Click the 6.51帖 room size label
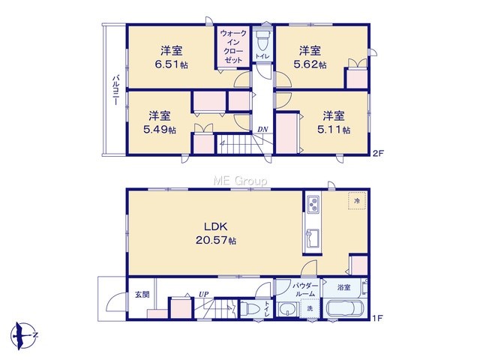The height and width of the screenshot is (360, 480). [x=172, y=65]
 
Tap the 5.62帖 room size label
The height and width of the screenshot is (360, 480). [x=310, y=65]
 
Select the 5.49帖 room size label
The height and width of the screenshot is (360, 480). [x=160, y=130]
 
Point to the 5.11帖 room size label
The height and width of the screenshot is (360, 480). [x=334, y=130]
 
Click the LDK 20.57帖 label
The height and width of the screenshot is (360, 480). [x=216, y=233]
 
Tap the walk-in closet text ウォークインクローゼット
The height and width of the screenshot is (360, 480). [x=233, y=46]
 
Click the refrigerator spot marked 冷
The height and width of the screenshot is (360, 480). [x=357, y=201]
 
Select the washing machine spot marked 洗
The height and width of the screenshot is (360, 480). [x=310, y=308]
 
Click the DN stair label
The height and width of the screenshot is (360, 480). [x=262, y=130]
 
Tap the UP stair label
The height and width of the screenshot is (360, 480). [x=203, y=295]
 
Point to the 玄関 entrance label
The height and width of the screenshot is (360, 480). [x=142, y=295]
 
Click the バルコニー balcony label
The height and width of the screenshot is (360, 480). [x=115, y=90]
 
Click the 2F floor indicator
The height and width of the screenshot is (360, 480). [x=378, y=153]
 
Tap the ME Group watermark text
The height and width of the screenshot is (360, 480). [x=240, y=181]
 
